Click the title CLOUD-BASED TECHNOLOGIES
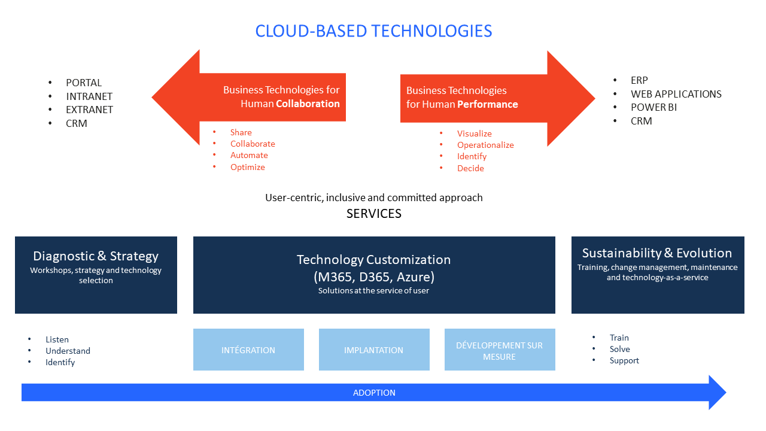coord(373,31)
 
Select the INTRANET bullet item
coord(89,96)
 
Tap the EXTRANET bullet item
coord(89,110)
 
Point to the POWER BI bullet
coord(653,107)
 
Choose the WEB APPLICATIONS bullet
coord(676,94)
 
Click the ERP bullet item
coord(639,80)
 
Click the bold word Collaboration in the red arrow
coord(308,104)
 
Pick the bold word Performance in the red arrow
coord(488,104)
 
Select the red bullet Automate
coord(250,155)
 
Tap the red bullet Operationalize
coord(485,145)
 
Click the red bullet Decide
coord(470,168)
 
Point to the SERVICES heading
coord(373,214)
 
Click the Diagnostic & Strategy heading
coord(96,256)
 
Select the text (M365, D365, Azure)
coord(373,277)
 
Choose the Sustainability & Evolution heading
coord(657,253)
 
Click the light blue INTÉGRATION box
coord(248,350)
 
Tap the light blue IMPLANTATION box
coord(373,350)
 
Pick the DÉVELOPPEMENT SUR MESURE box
coord(500,350)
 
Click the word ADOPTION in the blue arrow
coord(374,393)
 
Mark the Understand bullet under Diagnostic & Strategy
coord(68,351)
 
